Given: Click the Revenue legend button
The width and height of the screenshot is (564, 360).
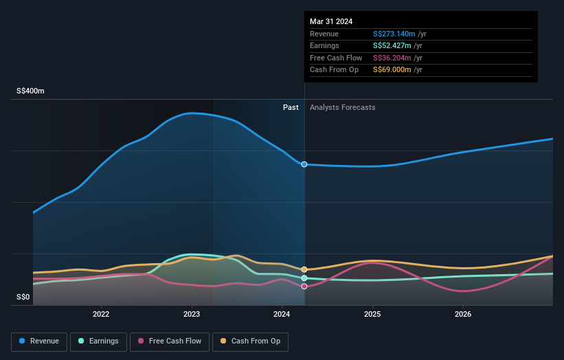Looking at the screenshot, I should [x=38, y=341].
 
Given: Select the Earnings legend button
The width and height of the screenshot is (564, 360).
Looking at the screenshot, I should [x=98, y=341].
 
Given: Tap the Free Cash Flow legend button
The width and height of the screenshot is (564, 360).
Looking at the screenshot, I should [x=169, y=341].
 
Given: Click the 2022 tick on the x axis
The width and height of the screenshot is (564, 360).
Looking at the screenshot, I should [x=101, y=315].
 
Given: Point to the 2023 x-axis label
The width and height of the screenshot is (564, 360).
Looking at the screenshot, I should [x=192, y=315].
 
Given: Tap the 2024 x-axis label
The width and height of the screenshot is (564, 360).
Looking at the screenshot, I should [x=282, y=315].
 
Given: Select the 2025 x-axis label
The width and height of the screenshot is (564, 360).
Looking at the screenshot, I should [x=372, y=315].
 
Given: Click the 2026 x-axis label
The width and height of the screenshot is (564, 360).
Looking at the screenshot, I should [x=463, y=315].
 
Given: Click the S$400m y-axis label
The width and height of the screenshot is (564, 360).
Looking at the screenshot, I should [x=32, y=91].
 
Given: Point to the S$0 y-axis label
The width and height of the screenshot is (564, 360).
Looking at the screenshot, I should [x=24, y=297].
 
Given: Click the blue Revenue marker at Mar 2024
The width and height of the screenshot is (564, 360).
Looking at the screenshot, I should [x=304, y=164].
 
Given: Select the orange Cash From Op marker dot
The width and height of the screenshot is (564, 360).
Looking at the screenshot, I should [x=304, y=269].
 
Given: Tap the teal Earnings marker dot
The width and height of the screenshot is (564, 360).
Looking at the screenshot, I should [x=304, y=278].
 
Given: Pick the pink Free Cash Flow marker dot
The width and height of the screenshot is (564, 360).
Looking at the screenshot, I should [x=304, y=286].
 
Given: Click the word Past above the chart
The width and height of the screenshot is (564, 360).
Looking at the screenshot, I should [x=291, y=107].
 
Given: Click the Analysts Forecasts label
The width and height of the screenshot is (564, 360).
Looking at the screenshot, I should [x=343, y=107].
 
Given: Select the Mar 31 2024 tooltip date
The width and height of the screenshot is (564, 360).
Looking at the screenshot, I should [x=331, y=21].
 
